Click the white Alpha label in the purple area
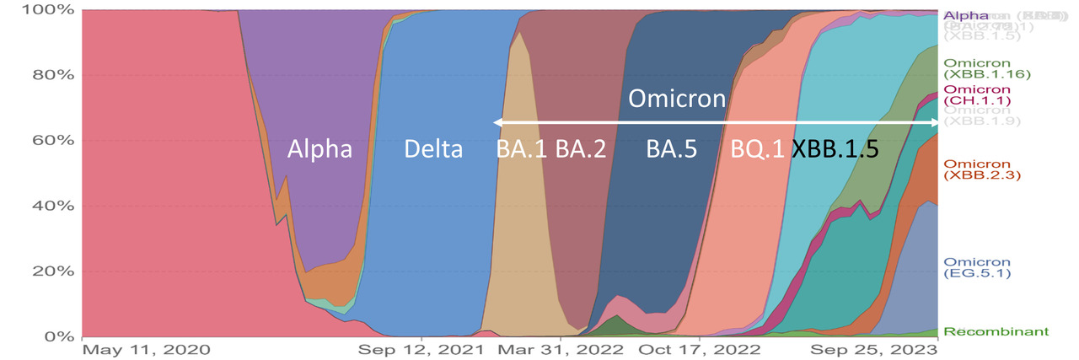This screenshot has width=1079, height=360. click(319, 149)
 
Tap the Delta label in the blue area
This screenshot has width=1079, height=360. click(433, 149)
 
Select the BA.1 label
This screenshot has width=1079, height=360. click(520, 149)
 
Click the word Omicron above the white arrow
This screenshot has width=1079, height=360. click(677, 99)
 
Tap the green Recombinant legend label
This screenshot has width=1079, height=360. click(996, 331)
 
